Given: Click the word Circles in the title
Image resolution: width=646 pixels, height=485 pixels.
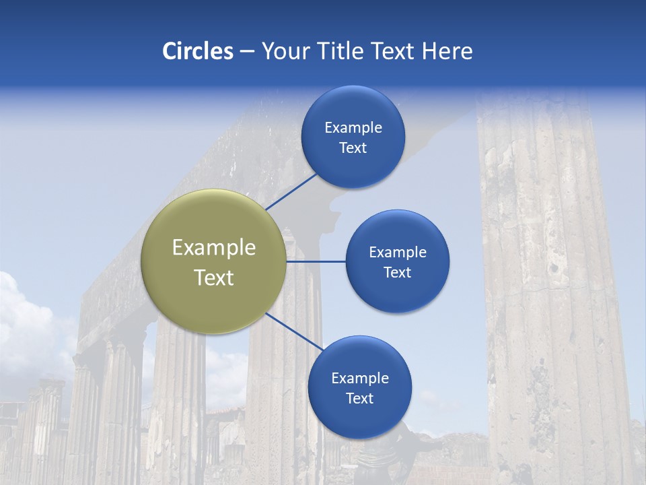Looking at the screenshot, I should coord(197,51).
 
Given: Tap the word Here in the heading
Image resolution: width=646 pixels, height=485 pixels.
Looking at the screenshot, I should coord(447,51).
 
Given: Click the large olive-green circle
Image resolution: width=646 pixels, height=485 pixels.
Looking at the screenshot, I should coord(213,261).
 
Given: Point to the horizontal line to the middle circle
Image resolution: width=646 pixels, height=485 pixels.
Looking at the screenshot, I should coord(316,261).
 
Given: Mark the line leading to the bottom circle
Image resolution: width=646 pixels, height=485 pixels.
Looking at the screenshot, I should coord(295,331).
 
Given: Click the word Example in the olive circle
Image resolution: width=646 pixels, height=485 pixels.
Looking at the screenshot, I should coord(213,248).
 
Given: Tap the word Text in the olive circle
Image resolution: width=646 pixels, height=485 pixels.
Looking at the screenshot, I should coord(213,278).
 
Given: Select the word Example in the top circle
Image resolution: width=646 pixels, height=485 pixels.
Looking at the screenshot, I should coord(353,128).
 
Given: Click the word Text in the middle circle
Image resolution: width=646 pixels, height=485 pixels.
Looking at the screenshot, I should coord(397,273).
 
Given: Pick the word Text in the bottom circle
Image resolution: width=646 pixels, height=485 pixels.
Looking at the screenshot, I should coord(359,399).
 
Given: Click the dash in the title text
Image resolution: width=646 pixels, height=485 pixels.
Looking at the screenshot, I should coord(247,52).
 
